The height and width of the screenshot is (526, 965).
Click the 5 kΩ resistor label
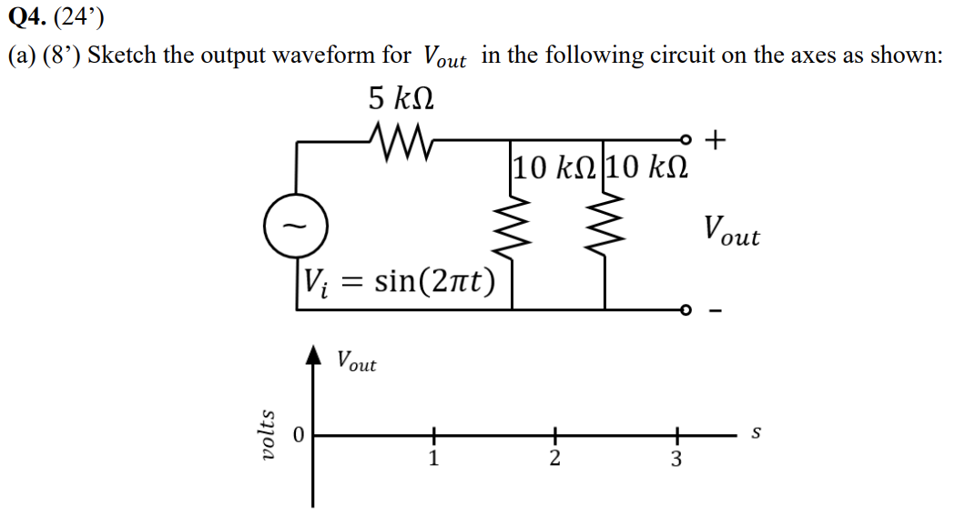[x=401, y=96]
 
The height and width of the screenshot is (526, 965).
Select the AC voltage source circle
[x=290, y=224]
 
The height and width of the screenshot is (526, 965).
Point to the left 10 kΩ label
[x=554, y=167]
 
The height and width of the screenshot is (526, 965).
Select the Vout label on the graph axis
[x=356, y=361]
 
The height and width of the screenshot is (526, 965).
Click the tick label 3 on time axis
[x=675, y=459]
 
